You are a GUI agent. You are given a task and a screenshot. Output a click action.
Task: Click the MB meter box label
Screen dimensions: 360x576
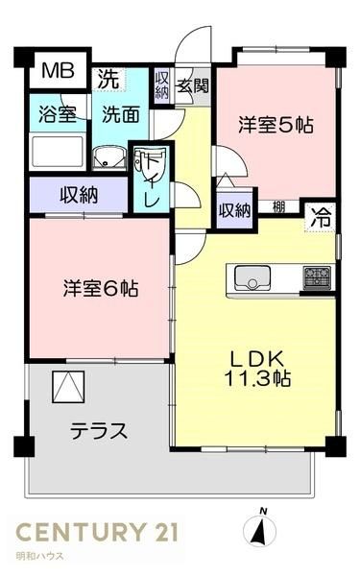[58, 70]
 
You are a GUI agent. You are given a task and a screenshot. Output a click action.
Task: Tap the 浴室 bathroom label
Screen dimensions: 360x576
[58, 114]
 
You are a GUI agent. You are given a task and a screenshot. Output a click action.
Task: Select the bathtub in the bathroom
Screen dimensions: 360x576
[58, 152]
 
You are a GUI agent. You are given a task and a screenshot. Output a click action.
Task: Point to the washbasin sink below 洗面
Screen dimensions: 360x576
[109, 158]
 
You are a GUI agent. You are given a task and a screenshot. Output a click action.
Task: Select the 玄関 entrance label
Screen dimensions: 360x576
[193, 86]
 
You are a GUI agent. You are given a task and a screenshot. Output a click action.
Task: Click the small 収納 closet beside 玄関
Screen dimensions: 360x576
[161, 85]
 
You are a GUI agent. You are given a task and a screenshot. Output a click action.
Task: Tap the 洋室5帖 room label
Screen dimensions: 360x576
[276, 125]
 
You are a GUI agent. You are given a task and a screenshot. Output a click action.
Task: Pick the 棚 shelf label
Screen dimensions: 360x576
[278, 207]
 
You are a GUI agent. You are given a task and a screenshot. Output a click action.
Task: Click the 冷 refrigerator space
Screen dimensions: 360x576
[321, 218]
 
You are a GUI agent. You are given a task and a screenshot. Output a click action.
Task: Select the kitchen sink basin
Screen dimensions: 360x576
[252, 277]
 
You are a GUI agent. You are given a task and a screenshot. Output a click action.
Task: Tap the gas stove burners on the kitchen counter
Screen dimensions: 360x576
[317, 276]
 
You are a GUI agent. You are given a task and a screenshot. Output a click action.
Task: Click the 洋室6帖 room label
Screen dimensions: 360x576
[101, 288]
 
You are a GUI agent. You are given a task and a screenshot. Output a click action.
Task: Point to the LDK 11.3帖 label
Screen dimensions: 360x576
[256, 369]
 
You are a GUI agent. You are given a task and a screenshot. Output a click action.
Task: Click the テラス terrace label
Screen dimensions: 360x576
[99, 430]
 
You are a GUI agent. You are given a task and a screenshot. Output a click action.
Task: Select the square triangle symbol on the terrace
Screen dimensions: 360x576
[68, 387]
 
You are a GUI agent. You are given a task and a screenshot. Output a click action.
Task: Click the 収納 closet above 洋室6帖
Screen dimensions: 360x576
[79, 195]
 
